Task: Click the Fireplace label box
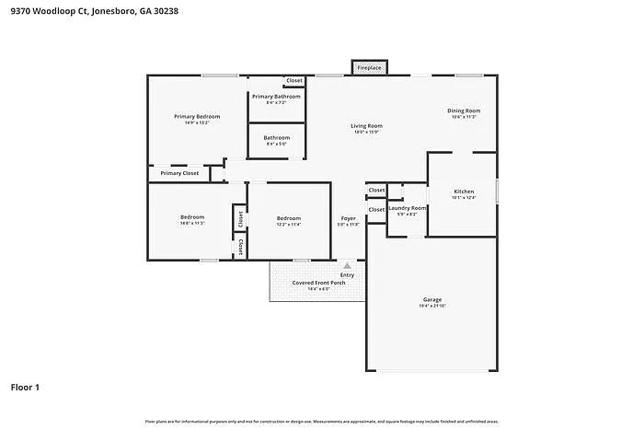point(370,68)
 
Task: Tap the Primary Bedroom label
point(197,117)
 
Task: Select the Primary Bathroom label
point(276,97)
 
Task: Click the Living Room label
point(366,126)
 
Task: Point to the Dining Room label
point(464,110)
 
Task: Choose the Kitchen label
point(464,192)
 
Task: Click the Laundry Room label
point(406,208)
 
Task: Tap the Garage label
point(432,299)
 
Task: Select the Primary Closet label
point(179,173)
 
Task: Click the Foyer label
point(348,218)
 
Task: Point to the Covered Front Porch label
point(316,283)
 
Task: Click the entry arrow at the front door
point(347,265)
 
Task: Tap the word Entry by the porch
point(347,274)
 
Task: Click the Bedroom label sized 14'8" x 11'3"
point(192,217)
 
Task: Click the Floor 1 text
point(25,388)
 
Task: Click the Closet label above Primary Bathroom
point(293,81)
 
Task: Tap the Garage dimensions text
point(432,306)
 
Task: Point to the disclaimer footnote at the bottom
point(321,421)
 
